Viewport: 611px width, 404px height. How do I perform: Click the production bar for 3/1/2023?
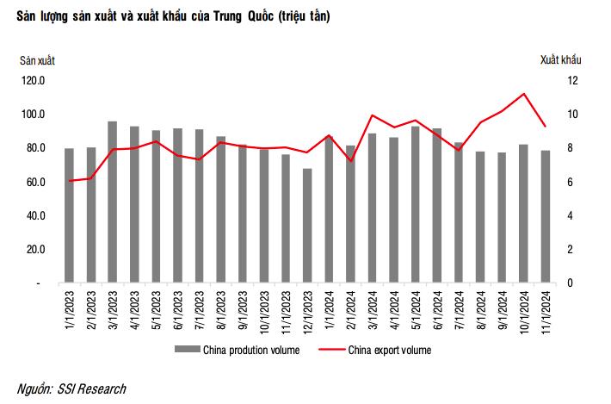click(113, 202)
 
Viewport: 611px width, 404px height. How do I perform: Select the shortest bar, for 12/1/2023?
click(307, 226)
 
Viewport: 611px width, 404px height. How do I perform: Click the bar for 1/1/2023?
click(69, 216)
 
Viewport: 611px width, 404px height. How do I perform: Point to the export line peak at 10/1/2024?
click(523, 94)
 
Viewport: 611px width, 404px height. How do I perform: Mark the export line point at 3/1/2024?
click(372, 115)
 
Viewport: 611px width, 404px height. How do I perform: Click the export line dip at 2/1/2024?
click(350, 161)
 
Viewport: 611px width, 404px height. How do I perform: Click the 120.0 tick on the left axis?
click(34, 80)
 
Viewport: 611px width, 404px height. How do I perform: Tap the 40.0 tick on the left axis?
click(34, 215)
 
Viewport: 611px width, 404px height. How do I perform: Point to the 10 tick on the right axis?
click(571, 115)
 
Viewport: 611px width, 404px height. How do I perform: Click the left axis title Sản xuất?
click(38, 59)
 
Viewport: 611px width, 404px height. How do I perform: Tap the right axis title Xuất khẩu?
click(561, 59)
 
